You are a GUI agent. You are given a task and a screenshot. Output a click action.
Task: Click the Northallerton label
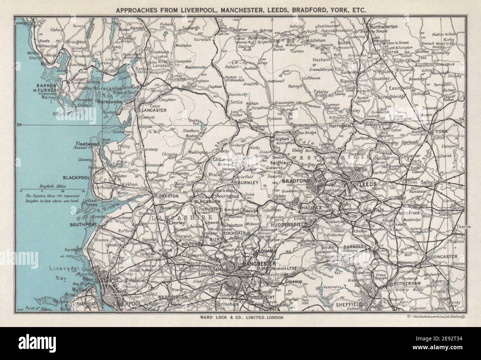pos(383,27)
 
